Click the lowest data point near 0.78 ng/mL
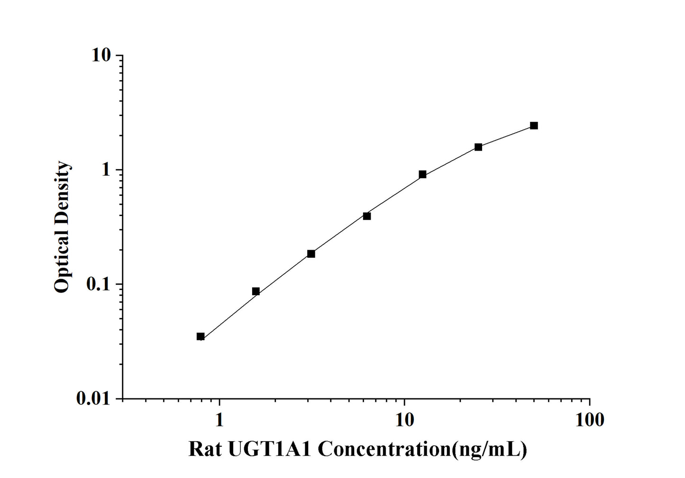point(201,336)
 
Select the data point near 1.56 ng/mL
point(256,291)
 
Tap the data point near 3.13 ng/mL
point(311,253)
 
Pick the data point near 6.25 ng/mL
point(367,216)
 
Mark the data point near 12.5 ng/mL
point(422,174)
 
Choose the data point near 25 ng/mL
point(478,147)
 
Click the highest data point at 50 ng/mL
point(534,126)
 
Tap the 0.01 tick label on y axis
point(93,399)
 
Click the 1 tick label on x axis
point(219,420)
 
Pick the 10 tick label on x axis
point(404,420)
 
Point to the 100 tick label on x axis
point(590,420)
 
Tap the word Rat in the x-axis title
point(205,449)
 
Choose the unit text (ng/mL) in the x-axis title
point(490,449)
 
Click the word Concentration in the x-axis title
point(384,449)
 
